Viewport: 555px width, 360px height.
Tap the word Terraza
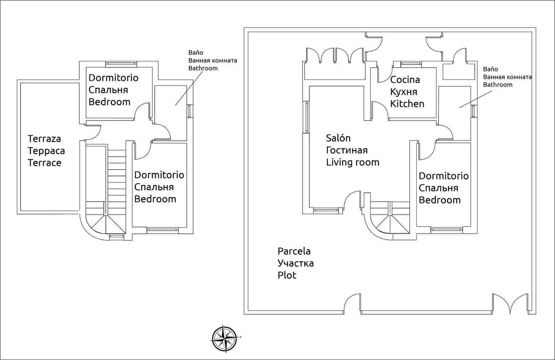click(x=44, y=139)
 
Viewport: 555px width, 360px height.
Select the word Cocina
click(x=405, y=80)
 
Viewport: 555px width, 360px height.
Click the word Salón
click(x=338, y=138)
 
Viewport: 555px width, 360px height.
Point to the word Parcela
click(x=294, y=251)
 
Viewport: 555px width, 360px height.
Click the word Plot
click(x=287, y=275)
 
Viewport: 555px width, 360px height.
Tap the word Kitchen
click(x=407, y=104)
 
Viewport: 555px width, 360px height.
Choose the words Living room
click(x=352, y=162)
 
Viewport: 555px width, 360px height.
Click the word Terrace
click(x=44, y=163)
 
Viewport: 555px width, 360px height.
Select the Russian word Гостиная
click(x=347, y=150)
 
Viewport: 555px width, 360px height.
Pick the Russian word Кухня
click(x=403, y=92)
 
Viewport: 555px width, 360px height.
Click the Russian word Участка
click(x=296, y=263)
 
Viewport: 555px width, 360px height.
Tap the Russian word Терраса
click(x=46, y=151)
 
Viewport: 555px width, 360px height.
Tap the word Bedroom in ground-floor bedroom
click(x=439, y=200)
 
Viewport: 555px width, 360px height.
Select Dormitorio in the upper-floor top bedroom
click(x=113, y=78)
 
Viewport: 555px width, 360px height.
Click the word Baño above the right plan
click(x=490, y=69)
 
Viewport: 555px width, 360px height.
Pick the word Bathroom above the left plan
click(x=203, y=68)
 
